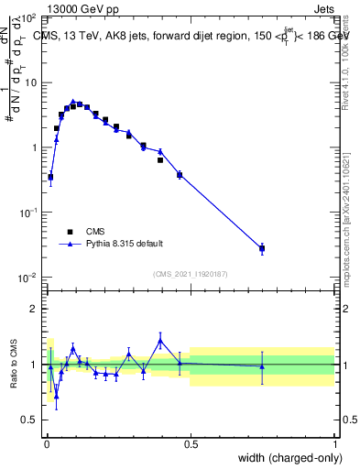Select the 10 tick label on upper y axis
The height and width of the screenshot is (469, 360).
click(x=31, y=82)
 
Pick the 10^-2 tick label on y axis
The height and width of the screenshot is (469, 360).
click(x=27, y=278)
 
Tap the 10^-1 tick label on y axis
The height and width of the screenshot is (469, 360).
click(x=27, y=213)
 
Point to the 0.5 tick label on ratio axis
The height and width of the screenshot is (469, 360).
click(x=31, y=420)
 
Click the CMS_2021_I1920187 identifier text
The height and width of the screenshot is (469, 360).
click(x=190, y=273)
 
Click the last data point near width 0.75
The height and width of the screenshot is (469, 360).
click(x=262, y=248)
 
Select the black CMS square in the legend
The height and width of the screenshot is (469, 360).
click(x=69, y=232)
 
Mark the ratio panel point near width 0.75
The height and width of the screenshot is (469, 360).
click(x=262, y=366)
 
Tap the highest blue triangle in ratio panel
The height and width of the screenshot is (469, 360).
click(x=160, y=340)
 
